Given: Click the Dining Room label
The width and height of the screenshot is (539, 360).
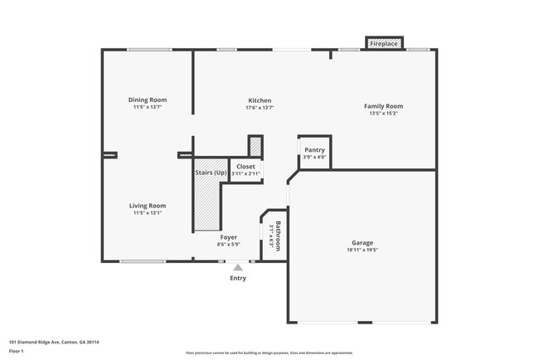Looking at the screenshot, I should pos(148,100).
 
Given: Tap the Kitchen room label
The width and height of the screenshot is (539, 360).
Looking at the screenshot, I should pos(260,100).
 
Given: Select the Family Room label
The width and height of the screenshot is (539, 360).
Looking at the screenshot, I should pos(383,106).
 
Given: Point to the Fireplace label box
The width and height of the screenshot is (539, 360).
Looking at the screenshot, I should pos(383,42).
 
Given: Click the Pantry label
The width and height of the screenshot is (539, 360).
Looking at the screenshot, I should pos(314,150).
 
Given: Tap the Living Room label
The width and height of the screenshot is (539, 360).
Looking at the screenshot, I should pos(148,206).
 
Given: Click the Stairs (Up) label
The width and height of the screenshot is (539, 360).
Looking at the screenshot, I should pos(211,173).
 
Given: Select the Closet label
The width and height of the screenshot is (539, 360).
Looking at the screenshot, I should pos(246,167).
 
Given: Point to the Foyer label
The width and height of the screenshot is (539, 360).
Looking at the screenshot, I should pos(229,237).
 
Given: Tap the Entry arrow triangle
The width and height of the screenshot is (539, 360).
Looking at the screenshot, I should pos(238,267).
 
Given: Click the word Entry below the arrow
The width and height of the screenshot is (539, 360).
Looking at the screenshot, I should pos(238,278).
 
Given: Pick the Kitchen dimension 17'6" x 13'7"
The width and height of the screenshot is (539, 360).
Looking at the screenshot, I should pos(260,108).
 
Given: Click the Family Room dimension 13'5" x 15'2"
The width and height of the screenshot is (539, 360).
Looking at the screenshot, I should pos(383,114).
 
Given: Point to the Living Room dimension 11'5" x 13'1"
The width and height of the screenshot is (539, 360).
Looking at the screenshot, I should pos(148,213).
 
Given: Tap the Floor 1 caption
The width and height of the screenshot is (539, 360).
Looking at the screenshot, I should pos(17,351).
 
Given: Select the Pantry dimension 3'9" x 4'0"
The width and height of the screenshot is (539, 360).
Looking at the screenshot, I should pos(314,158).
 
